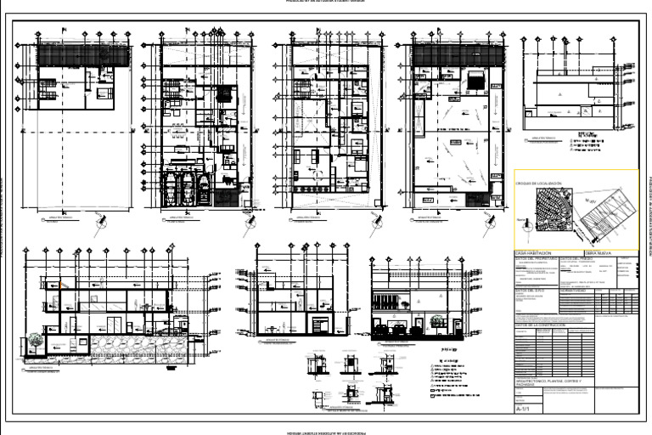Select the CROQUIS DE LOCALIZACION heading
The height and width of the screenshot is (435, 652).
(539, 184)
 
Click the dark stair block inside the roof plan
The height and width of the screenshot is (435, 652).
(475, 81)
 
